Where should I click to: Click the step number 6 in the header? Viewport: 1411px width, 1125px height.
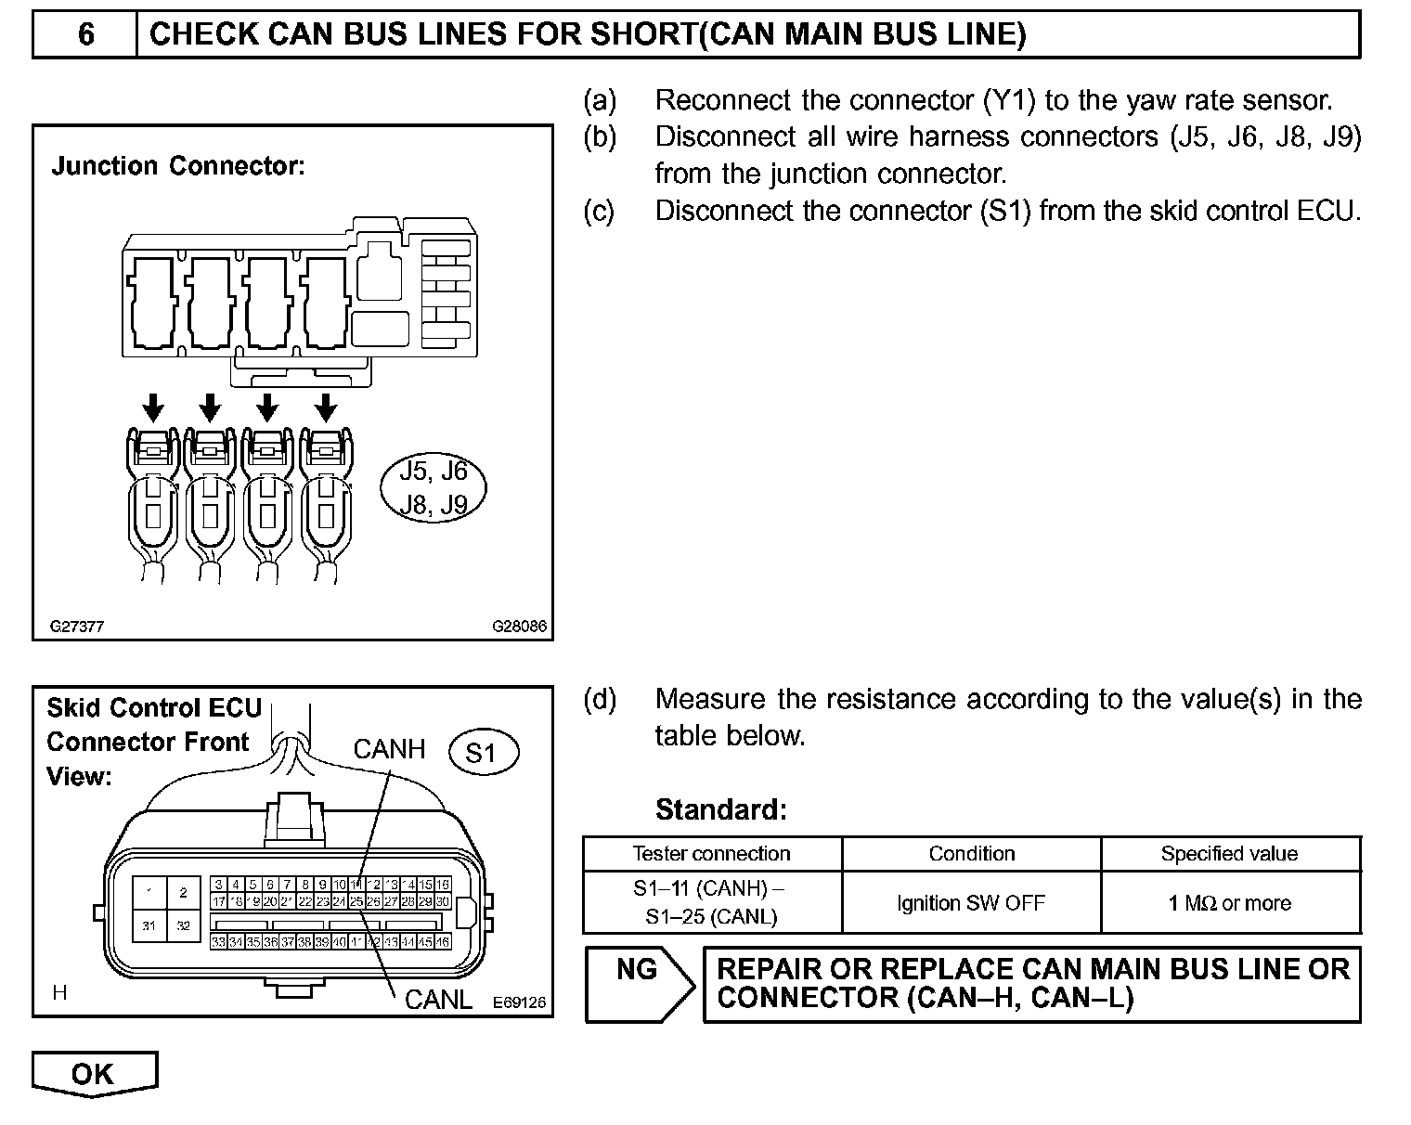pos(85,34)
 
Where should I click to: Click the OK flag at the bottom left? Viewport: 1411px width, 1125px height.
pos(94,1073)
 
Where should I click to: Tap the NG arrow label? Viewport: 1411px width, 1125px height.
pos(638,971)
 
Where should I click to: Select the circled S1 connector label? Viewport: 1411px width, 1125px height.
pos(483,753)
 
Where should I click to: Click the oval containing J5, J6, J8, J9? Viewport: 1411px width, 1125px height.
pos(434,487)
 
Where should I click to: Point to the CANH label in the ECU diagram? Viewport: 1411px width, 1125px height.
pos(389,749)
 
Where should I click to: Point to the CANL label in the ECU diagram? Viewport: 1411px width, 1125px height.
pos(438,1000)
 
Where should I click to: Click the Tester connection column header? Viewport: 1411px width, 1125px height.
pos(711,854)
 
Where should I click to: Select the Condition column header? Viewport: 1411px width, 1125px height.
pos(971,854)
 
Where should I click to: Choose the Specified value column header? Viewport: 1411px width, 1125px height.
pos(1229,854)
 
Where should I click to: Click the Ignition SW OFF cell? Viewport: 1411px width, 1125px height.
pos(971,903)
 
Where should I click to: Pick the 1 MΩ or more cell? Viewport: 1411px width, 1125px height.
pos(1229,903)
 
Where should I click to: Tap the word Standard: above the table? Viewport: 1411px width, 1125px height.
pos(720,810)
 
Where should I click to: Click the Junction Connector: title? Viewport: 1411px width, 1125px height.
pos(178,166)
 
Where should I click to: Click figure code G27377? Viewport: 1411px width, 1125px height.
pos(77,627)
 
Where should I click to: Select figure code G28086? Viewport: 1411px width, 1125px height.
pos(519,627)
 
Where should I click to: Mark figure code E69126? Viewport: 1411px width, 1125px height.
pos(519,1002)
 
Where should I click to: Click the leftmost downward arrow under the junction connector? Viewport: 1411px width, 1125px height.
pos(154,407)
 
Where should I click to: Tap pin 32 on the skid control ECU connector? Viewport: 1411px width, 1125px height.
pos(183,925)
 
